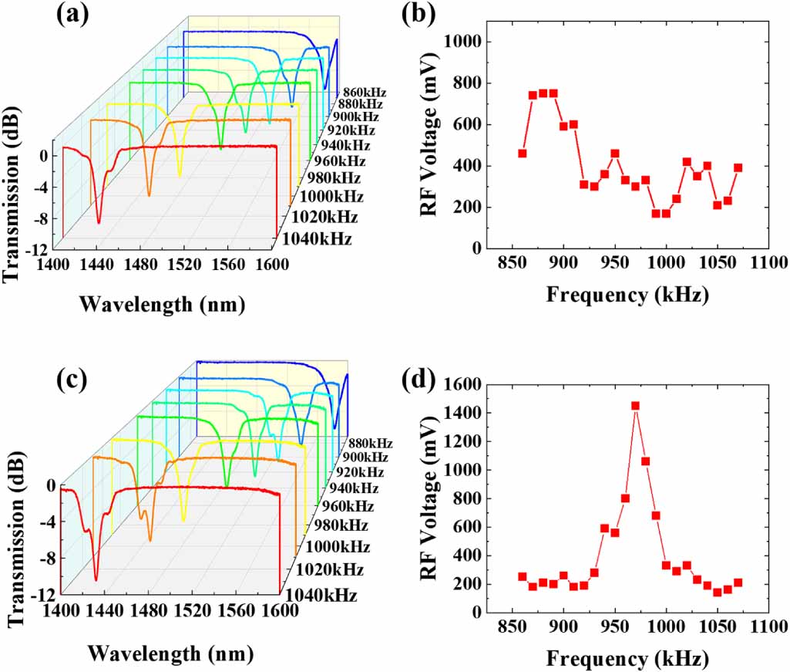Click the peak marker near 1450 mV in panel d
635,406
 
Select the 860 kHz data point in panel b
523,154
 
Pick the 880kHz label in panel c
370,443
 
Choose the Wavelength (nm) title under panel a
162,305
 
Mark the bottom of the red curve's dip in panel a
99,222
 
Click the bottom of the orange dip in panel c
150,540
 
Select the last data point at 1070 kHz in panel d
738,583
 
